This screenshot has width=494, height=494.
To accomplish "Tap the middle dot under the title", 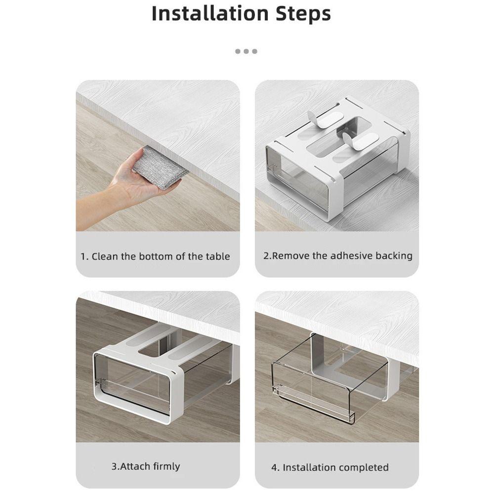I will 246,51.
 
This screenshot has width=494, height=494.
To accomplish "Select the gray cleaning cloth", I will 160,167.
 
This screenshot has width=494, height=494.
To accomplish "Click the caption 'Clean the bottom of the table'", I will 155,256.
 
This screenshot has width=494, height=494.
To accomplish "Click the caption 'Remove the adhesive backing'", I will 337,256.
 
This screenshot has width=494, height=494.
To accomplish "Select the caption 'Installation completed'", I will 330,467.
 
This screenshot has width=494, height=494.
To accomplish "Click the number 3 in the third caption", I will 114,466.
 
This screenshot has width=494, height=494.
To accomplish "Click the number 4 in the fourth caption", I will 274,467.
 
